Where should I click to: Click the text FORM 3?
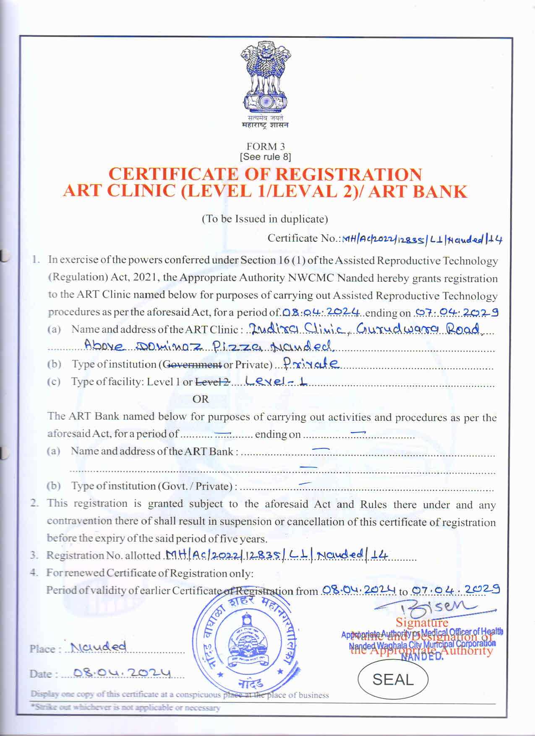pyautogui.click(x=266, y=147)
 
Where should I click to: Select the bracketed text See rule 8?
pyautogui.click(x=266, y=157)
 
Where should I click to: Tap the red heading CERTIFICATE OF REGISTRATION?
pyautogui.click(x=265, y=174)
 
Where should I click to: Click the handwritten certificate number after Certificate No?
pyautogui.click(x=422, y=239)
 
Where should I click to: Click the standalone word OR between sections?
pyautogui.click(x=200, y=399)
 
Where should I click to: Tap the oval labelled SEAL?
pyautogui.click(x=393, y=679)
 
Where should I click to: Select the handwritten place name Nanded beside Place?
pyautogui.click(x=99, y=647)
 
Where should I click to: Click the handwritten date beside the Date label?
pyautogui.click(x=122, y=673)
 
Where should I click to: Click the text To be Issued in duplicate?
pyautogui.click(x=265, y=219)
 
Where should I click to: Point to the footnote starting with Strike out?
pyautogui.click(x=126, y=708)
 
